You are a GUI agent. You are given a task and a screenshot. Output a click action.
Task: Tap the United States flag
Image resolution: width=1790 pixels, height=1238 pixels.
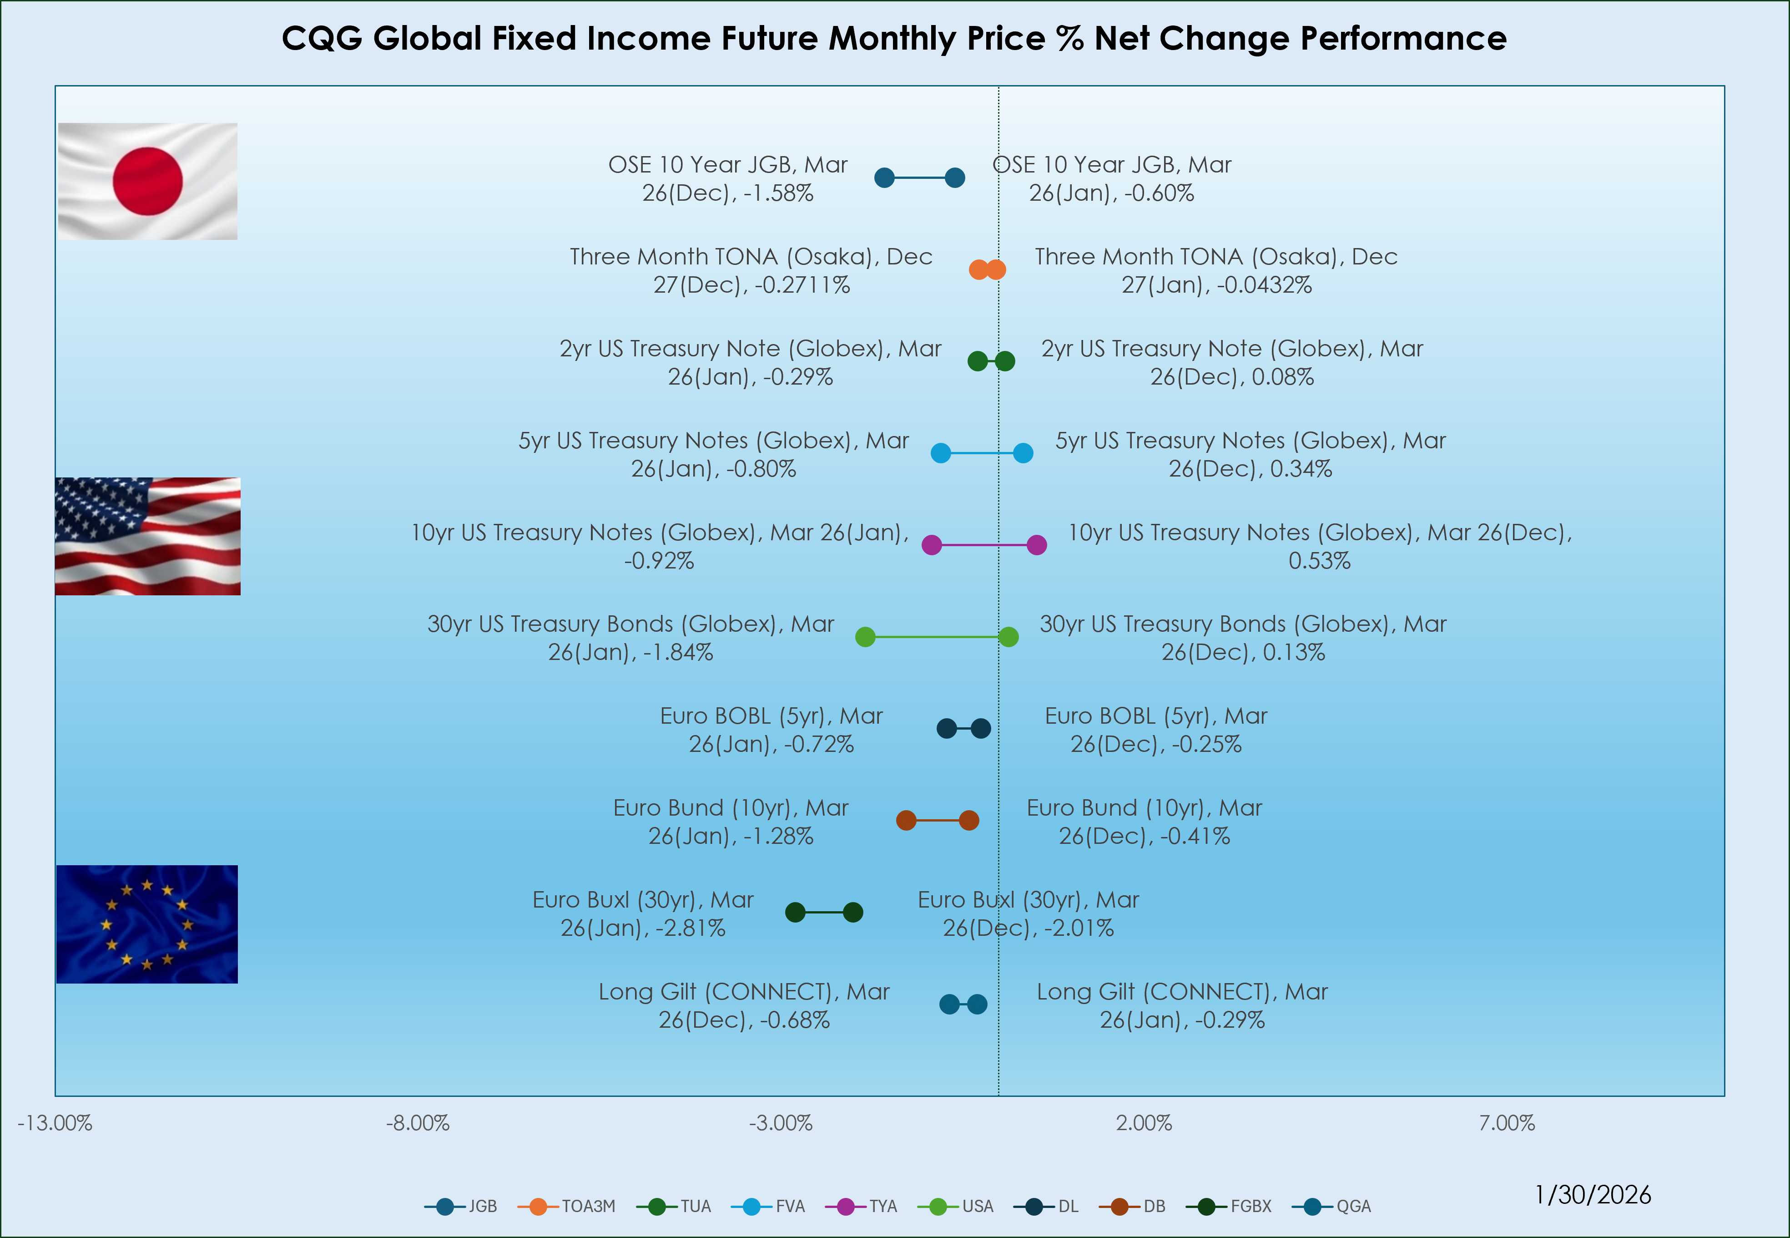[x=147, y=536]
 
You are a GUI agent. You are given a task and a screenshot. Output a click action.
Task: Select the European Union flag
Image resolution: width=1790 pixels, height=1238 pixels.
[x=147, y=924]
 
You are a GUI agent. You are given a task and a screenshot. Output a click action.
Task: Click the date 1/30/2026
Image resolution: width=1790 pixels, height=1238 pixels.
[x=1593, y=1195]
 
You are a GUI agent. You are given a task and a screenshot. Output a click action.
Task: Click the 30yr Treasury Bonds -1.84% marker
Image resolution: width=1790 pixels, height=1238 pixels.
[x=865, y=637]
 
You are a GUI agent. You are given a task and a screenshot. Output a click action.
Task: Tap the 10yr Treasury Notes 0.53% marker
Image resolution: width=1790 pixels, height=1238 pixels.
[x=1037, y=545]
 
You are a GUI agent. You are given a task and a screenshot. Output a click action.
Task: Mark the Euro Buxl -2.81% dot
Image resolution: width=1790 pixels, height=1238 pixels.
[x=796, y=912]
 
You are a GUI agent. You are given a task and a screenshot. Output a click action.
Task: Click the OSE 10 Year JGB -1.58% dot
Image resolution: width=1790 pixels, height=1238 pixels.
[x=884, y=178]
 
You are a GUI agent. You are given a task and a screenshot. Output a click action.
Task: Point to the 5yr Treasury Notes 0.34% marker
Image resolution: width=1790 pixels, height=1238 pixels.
[x=1024, y=453]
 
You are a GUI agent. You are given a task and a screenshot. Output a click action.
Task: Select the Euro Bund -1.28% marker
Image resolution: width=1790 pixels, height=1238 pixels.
[x=906, y=820]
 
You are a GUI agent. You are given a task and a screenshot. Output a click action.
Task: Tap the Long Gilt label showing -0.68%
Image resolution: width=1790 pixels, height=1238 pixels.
[x=744, y=1005]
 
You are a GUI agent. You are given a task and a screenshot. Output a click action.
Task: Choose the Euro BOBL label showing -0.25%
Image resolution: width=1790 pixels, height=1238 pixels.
[x=1156, y=730]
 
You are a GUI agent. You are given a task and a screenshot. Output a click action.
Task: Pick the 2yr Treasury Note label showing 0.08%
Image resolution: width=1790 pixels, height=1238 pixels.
[x=1232, y=362]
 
